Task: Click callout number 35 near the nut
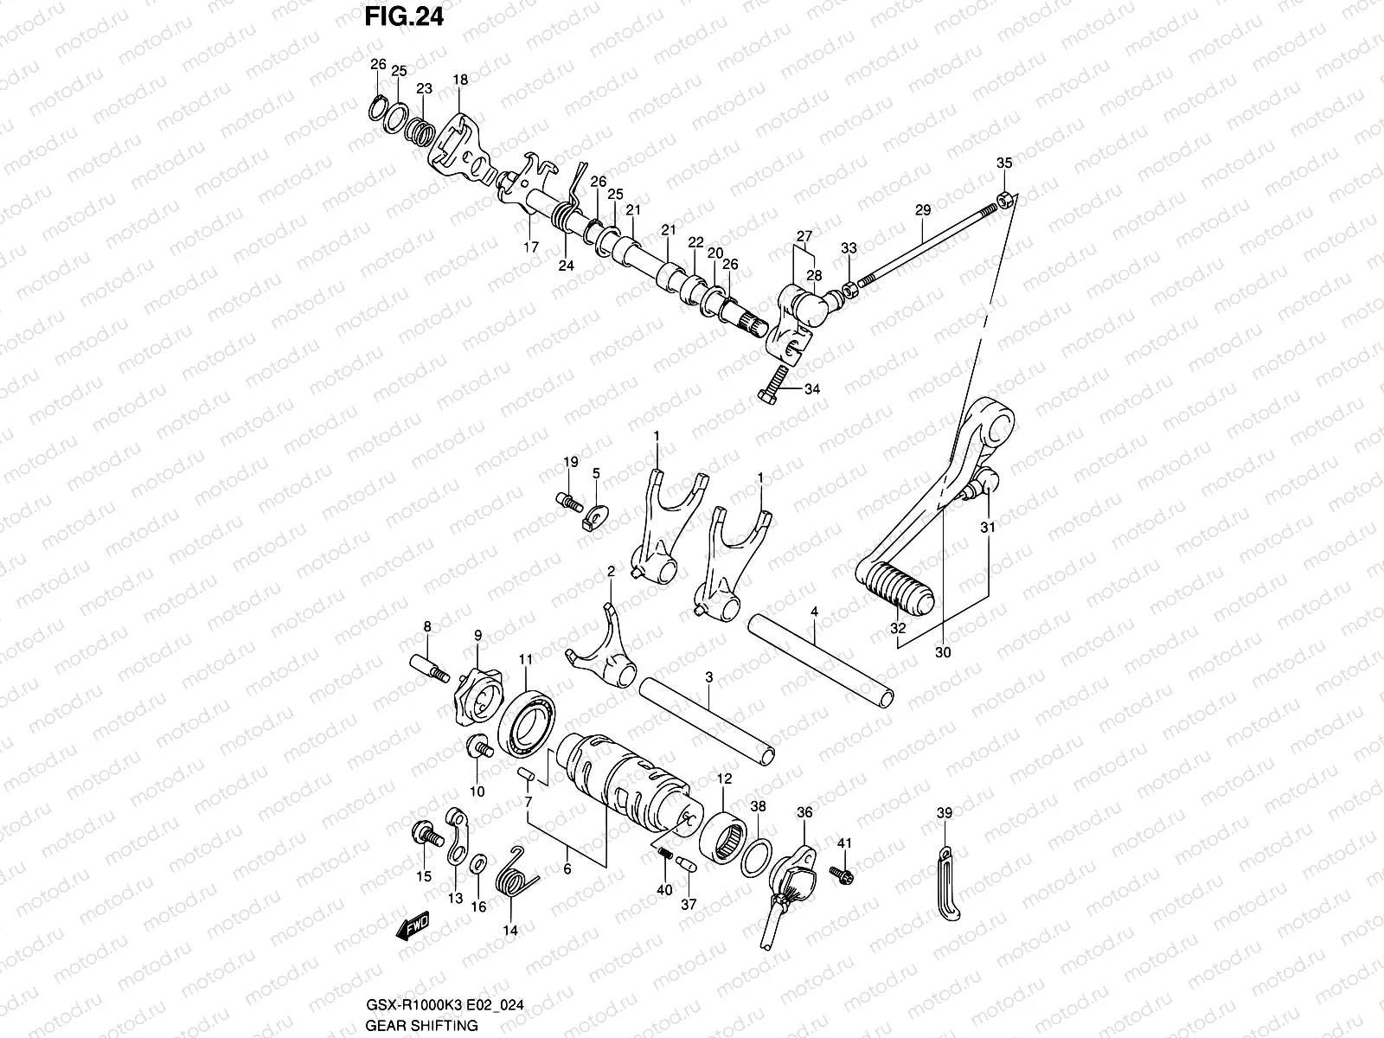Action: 1003,163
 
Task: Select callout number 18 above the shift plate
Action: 460,80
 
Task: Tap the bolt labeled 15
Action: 425,833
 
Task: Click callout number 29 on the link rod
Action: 922,210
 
